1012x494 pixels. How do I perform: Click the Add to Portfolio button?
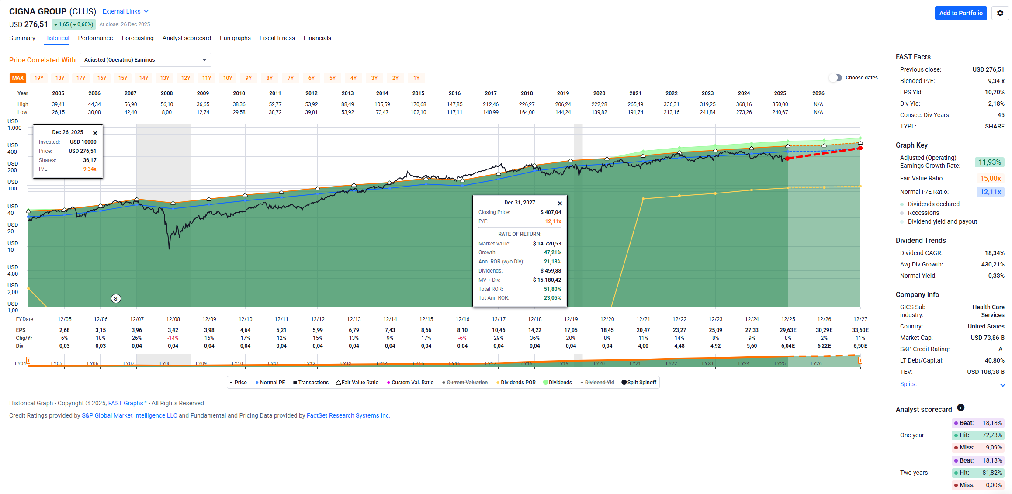[x=960, y=13]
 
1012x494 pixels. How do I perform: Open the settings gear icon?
[x=1000, y=13]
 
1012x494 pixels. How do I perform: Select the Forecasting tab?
[x=138, y=38]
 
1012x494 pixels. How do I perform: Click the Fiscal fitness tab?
[x=277, y=38]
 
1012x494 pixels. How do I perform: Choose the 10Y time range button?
[x=228, y=78]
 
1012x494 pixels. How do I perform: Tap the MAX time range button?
[x=18, y=78]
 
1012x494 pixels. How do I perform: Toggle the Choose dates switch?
[x=835, y=78]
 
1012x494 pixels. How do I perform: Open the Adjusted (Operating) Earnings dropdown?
[x=145, y=60]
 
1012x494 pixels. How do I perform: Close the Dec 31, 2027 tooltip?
[x=560, y=203]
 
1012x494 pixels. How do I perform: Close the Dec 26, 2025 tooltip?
[x=95, y=133]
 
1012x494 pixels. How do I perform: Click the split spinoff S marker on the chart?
[x=116, y=299]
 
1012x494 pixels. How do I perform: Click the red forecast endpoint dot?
[x=860, y=148]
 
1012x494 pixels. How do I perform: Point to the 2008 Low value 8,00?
[x=166, y=112]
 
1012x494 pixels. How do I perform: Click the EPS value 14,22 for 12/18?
[x=534, y=330]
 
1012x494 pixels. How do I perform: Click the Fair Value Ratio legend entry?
[x=357, y=383]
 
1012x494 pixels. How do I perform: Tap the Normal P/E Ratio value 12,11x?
[x=990, y=192]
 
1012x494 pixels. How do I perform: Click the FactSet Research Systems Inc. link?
[x=348, y=415]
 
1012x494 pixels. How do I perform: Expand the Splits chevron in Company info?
[x=1002, y=385]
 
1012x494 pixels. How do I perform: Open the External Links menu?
[x=125, y=11]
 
